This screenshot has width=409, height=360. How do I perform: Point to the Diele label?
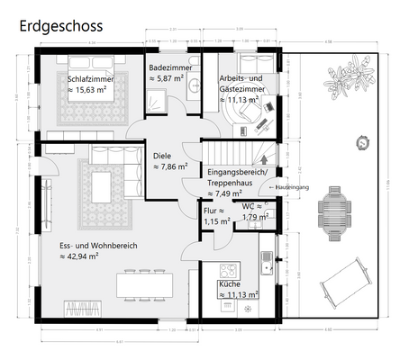(x=162, y=155)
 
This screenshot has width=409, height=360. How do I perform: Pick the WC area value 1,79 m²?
(x=256, y=217)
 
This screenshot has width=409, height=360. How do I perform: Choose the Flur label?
(x=215, y=210)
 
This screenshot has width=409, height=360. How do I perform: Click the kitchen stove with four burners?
(x=229, y=269)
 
